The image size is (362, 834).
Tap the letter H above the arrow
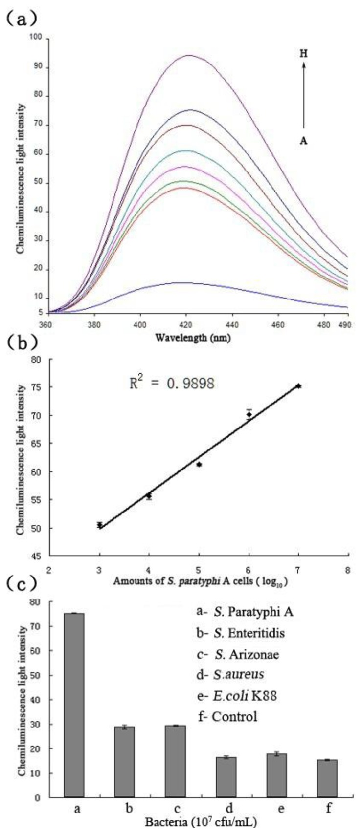[x=303, y=54]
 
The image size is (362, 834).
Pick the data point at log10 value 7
[x=298, y=386]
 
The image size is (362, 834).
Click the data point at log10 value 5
[x=199, y=464]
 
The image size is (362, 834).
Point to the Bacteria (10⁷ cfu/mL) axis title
[x=201, y=822]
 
